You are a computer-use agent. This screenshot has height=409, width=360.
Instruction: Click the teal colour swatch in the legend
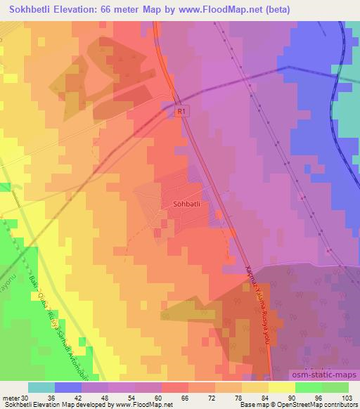point(41,387)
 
